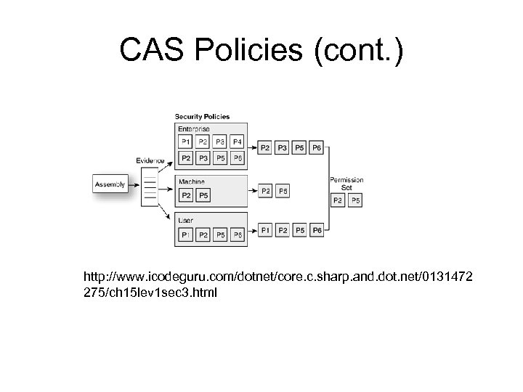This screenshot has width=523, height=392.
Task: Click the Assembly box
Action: [x=110, y=184]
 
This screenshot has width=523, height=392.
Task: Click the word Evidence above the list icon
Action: [x=150, y=160]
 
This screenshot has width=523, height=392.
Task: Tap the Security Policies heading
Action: [x=202, y=116]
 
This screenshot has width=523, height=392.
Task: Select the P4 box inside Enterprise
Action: [x=238, y=142]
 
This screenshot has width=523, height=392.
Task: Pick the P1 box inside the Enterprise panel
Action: [x=186, y=142]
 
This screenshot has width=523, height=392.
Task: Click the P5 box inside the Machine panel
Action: [x=204, y=195]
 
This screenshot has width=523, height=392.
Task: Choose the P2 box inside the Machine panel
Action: [x=186, y=195]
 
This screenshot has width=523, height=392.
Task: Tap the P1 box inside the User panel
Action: [x=186, y=235]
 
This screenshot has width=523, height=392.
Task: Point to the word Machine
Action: [x=191, y=181]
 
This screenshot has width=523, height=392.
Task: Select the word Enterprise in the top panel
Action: [x=192, y=128]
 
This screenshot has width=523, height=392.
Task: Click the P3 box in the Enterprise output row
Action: [x=282, y=148]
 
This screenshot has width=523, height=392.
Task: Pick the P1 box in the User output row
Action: [x=264, y=230]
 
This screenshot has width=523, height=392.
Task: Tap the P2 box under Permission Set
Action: [x=338, y=199]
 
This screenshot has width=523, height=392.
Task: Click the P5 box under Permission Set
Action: [x=356, y=199]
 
